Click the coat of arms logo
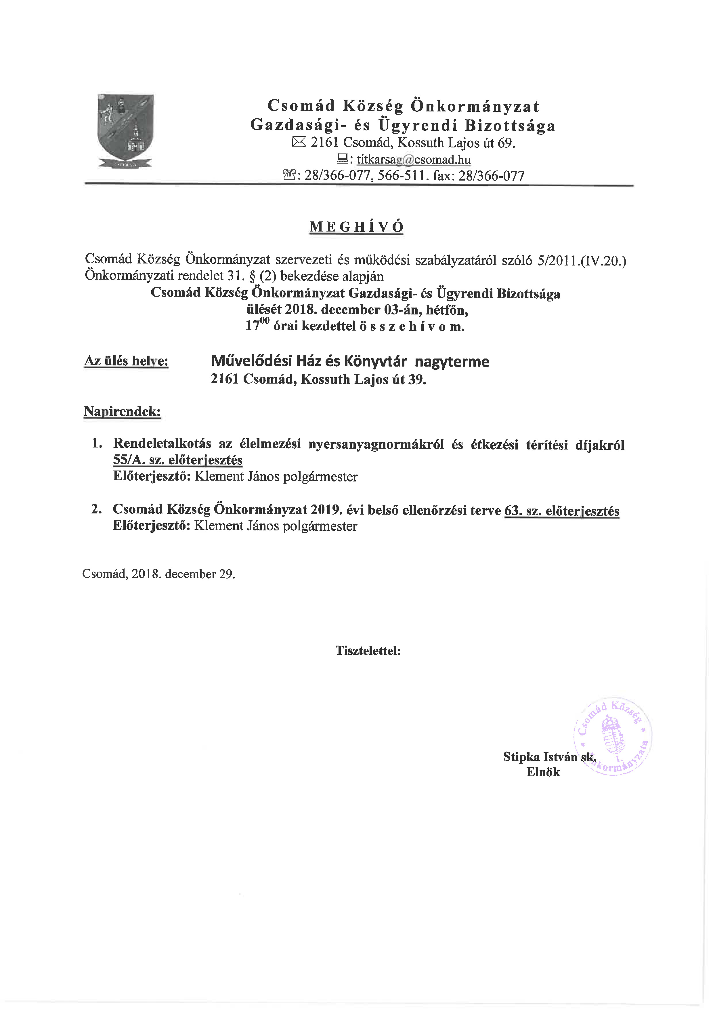tap(126, 130)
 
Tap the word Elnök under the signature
tap(543, 772)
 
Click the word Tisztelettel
tap(368, 650)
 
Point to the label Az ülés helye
tap(127, 361)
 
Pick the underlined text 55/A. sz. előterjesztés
tap(178, 460)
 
